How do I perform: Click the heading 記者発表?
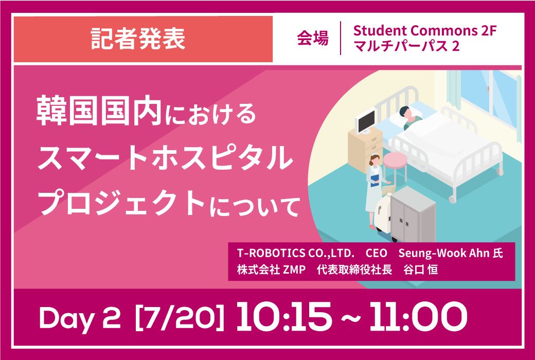point(138,39)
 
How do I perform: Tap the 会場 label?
point(313,39)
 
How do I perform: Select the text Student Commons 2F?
point(424,31)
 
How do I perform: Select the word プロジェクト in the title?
point(123,203)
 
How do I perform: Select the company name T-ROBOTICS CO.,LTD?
point(295,254)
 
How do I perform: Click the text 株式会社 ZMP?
point(269,270)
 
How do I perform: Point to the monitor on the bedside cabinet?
point(365,121)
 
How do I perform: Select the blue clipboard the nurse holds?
point(374,179)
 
